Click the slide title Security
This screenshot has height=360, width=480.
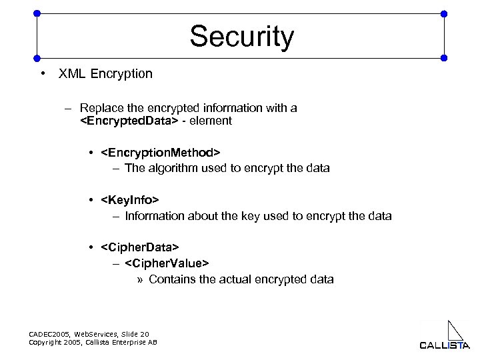241,37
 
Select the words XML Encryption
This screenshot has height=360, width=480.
105,74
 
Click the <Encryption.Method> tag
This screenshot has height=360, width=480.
160,154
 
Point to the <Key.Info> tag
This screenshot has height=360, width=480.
130,201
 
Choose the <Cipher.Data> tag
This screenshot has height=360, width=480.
140,248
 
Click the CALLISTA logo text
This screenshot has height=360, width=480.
445,345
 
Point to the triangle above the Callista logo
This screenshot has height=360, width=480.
455,330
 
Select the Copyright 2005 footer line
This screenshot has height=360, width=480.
93,342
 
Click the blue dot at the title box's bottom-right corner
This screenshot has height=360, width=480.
445,57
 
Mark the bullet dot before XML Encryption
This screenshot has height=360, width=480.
42,74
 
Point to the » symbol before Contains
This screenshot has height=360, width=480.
140,279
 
